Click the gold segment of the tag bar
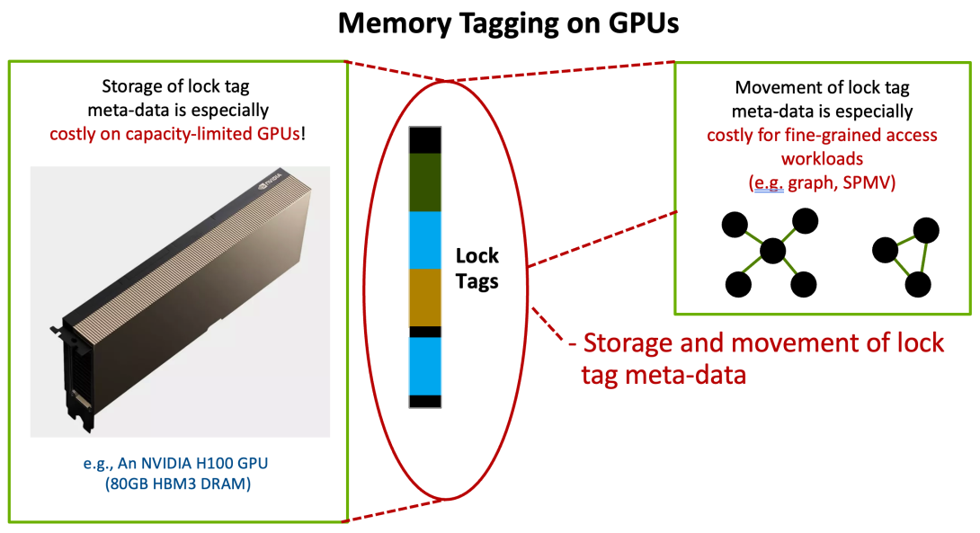click(424, 297)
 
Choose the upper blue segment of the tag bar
click(424, 240)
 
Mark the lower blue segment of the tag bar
click(424, 365)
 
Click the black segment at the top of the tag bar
click(424, 140)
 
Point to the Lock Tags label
click(477, 268)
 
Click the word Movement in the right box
click(773, 88)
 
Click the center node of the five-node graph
click(771, 252)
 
